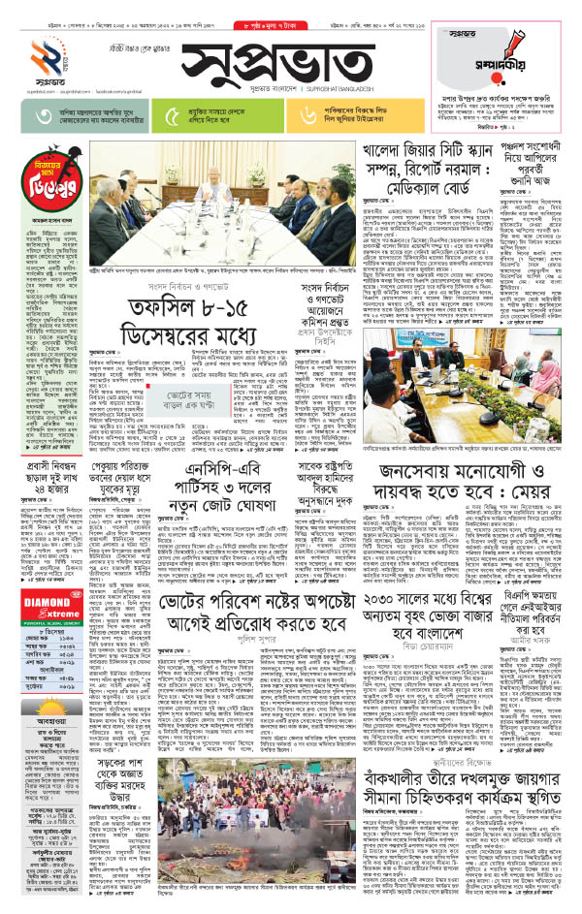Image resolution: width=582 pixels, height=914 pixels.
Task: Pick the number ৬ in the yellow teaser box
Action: [310, 117]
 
